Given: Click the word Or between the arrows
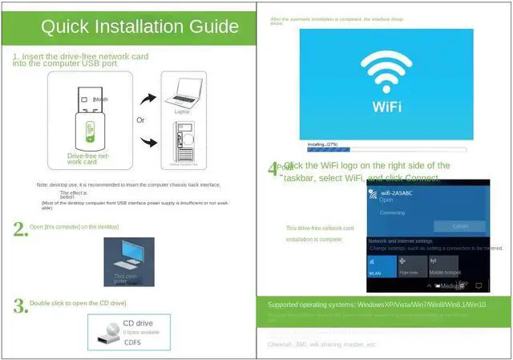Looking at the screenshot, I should tap(140, 119).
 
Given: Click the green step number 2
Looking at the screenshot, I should tap(20, 229).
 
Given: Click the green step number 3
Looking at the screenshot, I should tap(20, 305).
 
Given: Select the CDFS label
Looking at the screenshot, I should tap(133, 342).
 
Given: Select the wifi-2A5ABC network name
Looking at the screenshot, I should tap(397, 193).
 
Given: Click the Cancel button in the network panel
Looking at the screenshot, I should tap(460, 227).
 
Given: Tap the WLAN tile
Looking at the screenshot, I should tap(381, 267).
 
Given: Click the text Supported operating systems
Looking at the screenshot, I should tap(311, 305).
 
